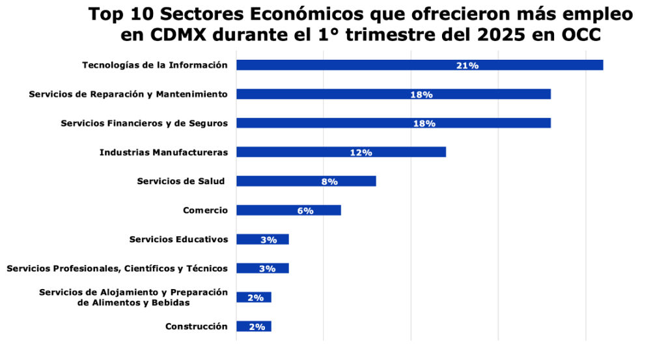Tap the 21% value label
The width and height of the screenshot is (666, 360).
point(468,65)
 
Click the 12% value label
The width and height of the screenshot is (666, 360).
point(361,152)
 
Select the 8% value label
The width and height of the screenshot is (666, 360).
point(329,182)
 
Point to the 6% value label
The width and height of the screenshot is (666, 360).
point(306,210)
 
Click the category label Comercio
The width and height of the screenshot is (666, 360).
point(205,210)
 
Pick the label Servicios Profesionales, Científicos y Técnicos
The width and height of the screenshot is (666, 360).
point(117,268)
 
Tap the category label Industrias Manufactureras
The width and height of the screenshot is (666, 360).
point(163,152)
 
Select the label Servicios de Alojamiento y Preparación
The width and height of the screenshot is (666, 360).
point(133,292)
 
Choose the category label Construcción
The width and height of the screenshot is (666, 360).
point(196,326)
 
